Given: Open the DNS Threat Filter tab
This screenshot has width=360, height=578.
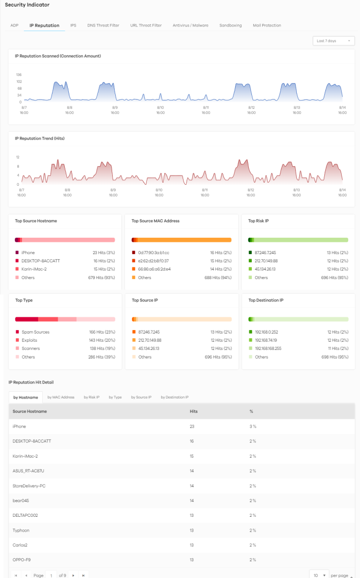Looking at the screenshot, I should [x=103, y=25].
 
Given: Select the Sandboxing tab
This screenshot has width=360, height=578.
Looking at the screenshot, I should [x=230, y=25].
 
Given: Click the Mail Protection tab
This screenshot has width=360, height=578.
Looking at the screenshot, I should [x=267, y=25].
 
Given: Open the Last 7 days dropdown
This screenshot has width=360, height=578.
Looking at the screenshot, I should [x=333, y=41].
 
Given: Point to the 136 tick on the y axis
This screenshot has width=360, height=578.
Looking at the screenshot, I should [x=19, y=74].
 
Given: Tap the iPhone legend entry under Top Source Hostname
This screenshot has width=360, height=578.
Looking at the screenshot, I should [x=28, y=253].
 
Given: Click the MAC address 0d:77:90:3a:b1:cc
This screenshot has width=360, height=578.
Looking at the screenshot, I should [x=153, y=253].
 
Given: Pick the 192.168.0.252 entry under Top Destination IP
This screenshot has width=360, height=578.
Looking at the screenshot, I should [x=267, y=332].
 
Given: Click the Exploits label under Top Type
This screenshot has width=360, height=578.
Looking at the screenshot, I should [x=29, y=340].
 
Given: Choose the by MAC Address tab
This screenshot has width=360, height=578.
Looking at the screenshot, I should [x=61, y=397].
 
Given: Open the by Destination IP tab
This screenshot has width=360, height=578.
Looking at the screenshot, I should [x=174, y=397].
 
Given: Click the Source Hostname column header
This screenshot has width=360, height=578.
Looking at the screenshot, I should [x=30, y=411].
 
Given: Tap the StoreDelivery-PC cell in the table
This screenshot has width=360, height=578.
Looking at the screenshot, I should [x=29, y=486].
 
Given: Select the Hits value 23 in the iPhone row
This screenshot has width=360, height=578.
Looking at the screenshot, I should [x=192, y=426].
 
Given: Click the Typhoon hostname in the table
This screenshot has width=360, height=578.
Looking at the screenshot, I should [x=21, y=530].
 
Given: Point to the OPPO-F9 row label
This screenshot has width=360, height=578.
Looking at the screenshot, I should [x=22, y=560].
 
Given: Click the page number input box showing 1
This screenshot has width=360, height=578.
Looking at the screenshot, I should [x=51, y=575].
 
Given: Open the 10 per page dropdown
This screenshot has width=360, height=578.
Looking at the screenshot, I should [x=319, y=575].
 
